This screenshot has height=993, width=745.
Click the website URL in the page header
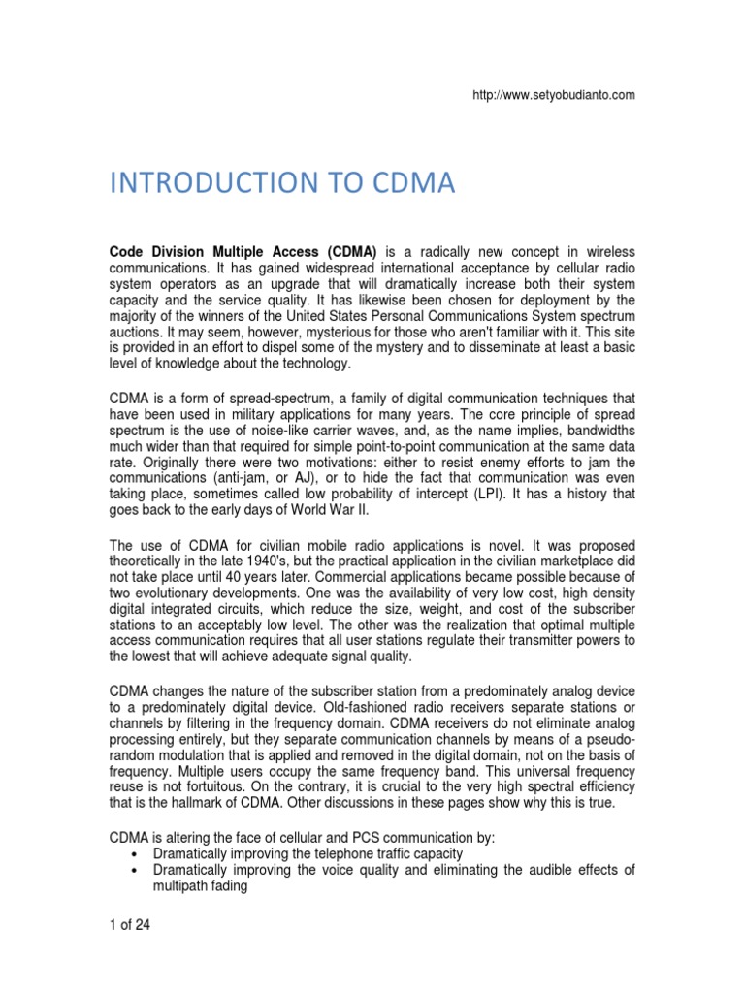coord(555,94)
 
